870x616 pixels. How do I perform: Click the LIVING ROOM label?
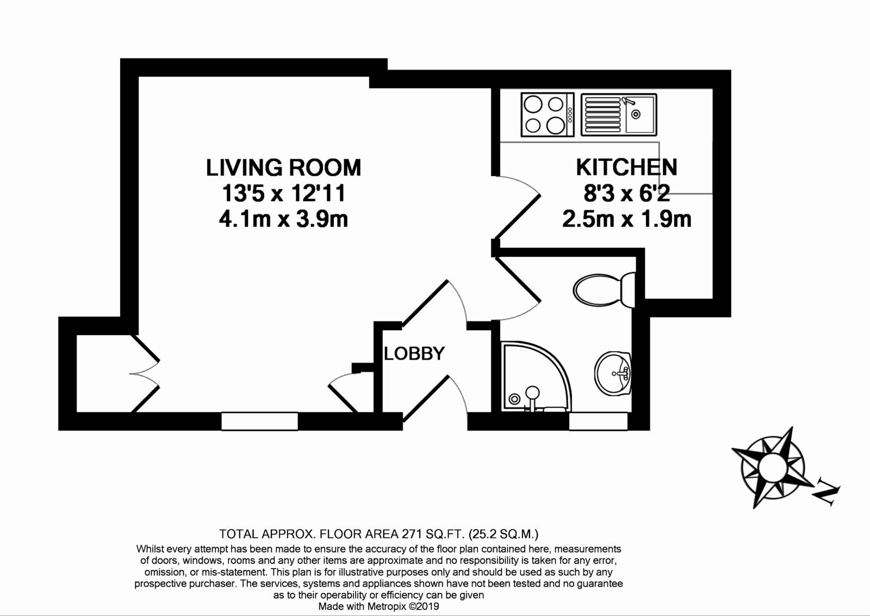tap(283, 167)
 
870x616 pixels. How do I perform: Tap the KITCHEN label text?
tap(626, 167)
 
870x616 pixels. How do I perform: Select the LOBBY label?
tap(414, 354)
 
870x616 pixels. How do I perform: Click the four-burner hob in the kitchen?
tap(547, 115)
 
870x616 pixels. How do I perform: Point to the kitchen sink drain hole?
tap(636, 115)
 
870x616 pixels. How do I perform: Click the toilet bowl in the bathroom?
tap(597, 290)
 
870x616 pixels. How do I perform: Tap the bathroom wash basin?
tap(613, 374)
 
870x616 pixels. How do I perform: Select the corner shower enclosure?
tap(536, 376)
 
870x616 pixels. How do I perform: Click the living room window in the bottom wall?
tap(259, 422)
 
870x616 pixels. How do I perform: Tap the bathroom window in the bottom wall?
tap(598, 422)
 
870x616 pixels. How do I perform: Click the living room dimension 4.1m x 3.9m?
tap(283, 219)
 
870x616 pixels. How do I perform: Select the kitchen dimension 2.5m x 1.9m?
tap(626, 219)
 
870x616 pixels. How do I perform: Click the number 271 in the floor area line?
tap(412, 534)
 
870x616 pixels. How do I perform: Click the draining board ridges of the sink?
tap(603, 115)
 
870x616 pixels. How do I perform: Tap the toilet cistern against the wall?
tap(628, 290)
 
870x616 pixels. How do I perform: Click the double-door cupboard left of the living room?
tap(103, 373)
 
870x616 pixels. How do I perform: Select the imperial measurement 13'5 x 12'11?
tap(283, 193)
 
